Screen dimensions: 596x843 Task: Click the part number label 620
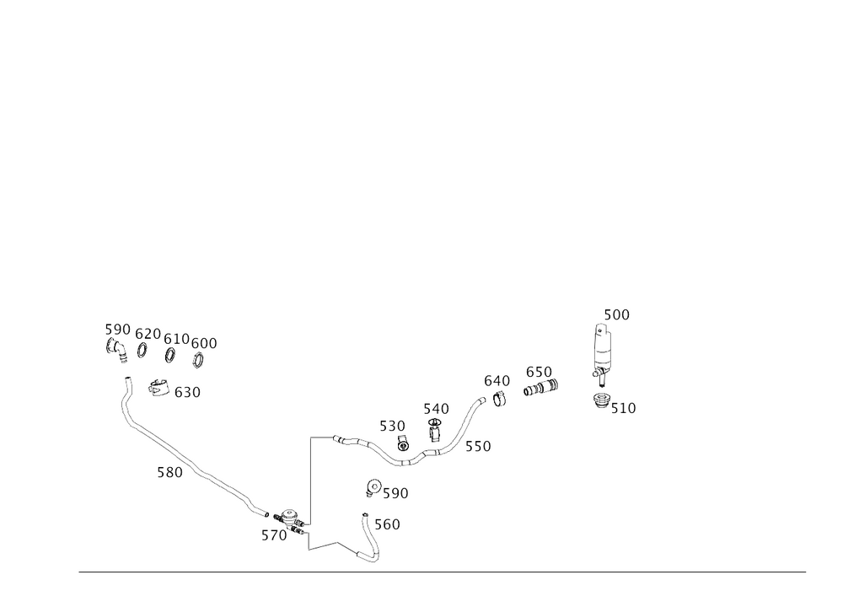(x=148, y=331)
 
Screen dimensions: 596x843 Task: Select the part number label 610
(x=176, y=337)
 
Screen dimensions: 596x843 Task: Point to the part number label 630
(x=187, y=392)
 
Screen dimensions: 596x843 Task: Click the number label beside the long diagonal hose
(x=169, y=473)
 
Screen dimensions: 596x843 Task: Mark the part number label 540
(x=436, y=409)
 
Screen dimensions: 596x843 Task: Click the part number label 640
(x=497, y=381)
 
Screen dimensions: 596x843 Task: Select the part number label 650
(x=539, y=371)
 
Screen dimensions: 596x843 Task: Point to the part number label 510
(x=623, y=409)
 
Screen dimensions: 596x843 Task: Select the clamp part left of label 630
(x=158, y=389)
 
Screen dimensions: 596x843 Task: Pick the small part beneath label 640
(x=501, y=398)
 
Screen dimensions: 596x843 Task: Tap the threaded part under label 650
(x=540, y=389)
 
